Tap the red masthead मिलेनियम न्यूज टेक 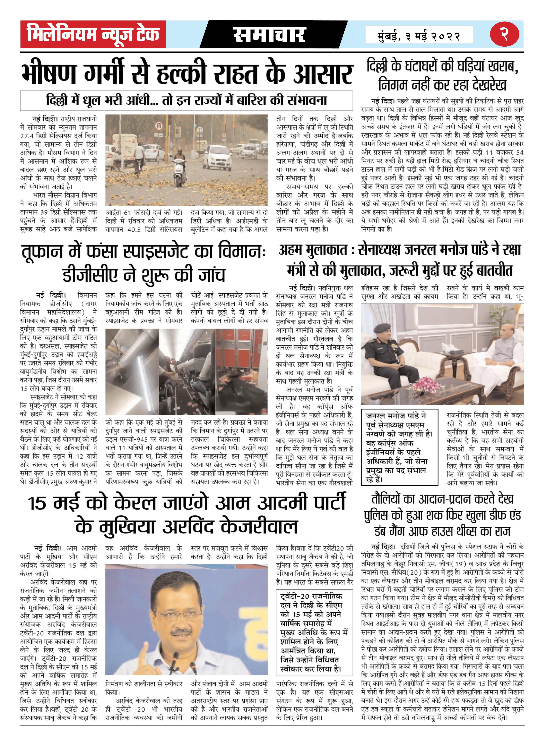coord(93,34)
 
